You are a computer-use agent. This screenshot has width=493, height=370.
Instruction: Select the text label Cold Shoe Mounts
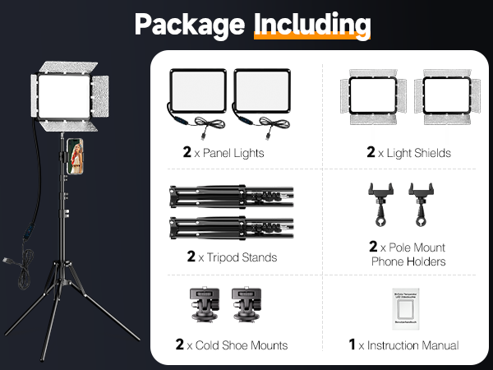pos(241,345)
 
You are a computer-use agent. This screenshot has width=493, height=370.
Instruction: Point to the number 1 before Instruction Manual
pos(352,345)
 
